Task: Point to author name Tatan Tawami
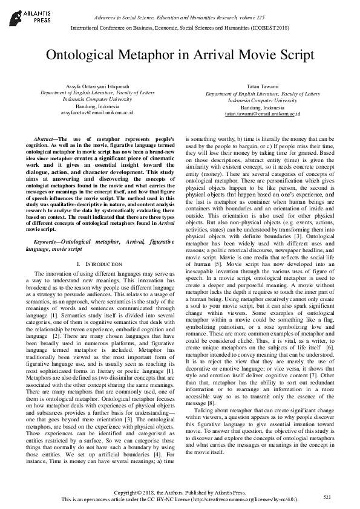pos(263,88)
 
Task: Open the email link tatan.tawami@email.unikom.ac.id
pos(263,113)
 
